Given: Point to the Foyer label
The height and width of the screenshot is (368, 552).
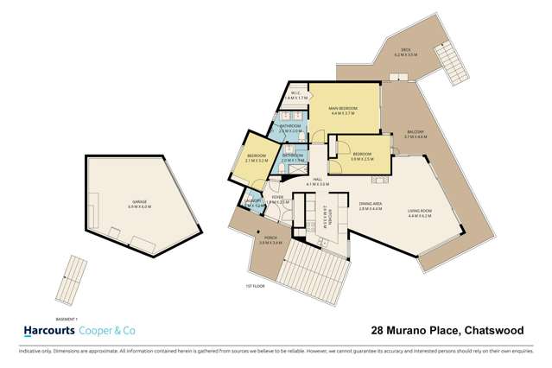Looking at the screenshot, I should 277,198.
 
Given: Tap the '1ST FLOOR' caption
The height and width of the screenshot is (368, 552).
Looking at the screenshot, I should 251,286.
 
